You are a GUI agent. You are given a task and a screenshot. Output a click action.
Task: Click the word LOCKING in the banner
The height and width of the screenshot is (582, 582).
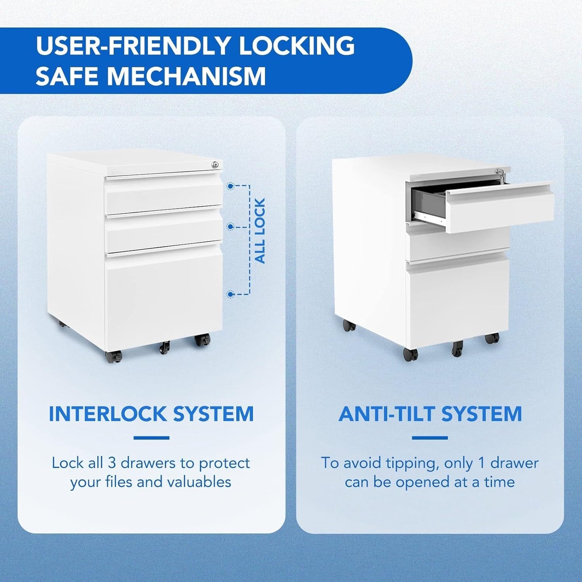(x=297, y=46)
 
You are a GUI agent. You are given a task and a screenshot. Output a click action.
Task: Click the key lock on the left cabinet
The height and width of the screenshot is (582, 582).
(x=216, y=164)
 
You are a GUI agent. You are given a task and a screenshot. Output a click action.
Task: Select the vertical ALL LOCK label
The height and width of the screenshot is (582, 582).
(x=260, y=231)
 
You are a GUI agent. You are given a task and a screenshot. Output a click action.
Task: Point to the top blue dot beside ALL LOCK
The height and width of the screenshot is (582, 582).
(x=230, y=186)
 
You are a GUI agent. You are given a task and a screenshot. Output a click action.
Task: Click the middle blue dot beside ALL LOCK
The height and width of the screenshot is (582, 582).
(x=230, y=227)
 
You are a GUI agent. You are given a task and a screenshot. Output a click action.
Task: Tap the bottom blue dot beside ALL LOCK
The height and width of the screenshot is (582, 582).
(x=230, y=294)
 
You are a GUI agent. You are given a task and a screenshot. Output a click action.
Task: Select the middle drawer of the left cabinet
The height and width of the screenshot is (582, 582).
(x=163, y=231)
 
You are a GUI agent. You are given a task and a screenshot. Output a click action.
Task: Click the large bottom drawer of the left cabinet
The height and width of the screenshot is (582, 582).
(x=163, y=296)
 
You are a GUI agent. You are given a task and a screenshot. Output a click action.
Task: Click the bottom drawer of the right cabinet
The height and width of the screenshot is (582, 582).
(x=457, y=300)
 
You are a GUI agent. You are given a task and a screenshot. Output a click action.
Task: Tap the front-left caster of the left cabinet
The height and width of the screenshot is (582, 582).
(x=114, y=356)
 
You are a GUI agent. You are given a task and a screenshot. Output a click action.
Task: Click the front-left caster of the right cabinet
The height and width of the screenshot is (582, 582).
(x=410, y=354)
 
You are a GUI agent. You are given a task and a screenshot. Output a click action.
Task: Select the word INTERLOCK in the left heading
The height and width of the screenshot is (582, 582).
(x=107, y=414)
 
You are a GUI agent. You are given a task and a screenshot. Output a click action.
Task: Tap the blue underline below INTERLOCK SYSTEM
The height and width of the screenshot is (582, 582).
(x=151, y=438)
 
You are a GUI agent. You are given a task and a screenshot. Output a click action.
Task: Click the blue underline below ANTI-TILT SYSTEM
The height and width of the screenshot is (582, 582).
(x=430, y=438)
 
